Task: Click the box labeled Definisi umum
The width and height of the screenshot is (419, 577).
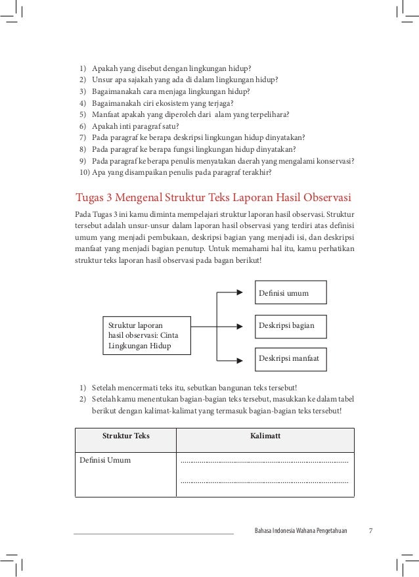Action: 290,292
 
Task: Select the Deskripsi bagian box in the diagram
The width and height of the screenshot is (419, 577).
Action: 290,325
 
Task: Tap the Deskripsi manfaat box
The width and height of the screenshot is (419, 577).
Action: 290,359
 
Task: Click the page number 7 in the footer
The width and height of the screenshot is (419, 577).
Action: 370,530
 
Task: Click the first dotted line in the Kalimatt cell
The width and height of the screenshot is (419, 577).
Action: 264,463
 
